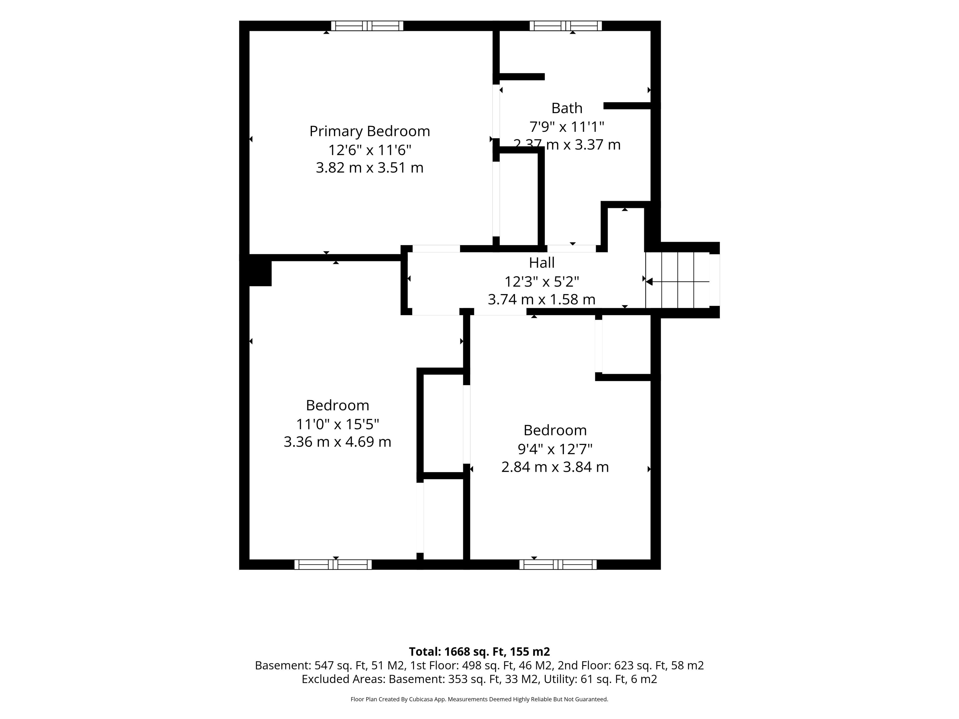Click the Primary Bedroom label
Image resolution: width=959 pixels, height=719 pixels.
(x=369, y=131)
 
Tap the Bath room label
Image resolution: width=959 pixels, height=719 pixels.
(x=567, y=108)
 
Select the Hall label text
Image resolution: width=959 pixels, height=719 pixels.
(x=541, y=263)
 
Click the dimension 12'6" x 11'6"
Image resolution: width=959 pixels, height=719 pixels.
(x=369, y=150)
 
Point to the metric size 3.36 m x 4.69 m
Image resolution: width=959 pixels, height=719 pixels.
(x=337, y=442)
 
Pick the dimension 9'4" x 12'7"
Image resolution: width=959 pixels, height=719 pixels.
(x=555, y=449)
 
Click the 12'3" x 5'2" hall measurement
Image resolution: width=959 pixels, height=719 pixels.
(x=541, y=282)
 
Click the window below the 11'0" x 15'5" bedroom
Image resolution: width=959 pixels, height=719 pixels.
(x=333, y=564)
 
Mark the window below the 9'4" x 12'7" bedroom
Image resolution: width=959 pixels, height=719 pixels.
(x=558, y=564)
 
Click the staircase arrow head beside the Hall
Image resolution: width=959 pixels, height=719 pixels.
(x=649, y=282)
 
